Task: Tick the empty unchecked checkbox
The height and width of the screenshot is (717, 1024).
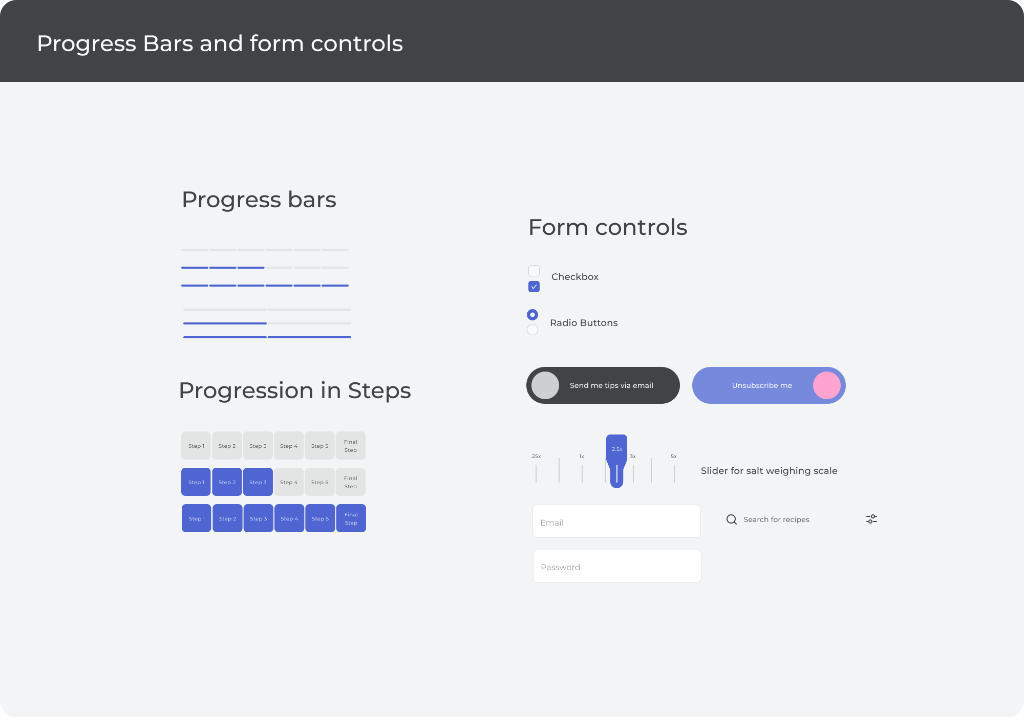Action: (x=534, y=271)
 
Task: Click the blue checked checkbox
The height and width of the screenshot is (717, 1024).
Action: (x=534, y=287)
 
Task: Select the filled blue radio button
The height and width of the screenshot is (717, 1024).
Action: (x=532, y=314)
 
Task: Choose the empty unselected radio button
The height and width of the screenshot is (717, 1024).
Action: (x=532, y=330)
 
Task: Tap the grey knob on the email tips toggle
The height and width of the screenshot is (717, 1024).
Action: (x=545, y=385)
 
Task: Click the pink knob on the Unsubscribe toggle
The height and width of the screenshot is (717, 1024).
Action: (x=827, y=385)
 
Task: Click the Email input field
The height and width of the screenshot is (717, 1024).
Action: (x=616, y=522)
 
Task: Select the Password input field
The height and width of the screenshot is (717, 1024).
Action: (x=617, y=566)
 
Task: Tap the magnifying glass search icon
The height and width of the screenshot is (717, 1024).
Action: (x=732, y=519)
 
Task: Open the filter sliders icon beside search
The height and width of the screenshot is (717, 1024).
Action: (x=871, y=519)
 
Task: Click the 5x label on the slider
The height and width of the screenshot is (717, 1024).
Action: (x=674, y=457)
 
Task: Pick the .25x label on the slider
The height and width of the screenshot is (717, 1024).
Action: (x=536, y=457)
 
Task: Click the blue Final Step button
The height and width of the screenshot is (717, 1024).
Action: (x=351, y=518)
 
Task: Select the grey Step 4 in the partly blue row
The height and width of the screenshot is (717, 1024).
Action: (x=289, y=482)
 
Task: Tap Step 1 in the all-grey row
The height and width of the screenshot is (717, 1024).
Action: (x=196, y=446)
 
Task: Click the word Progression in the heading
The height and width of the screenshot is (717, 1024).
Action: (x=246, y=391)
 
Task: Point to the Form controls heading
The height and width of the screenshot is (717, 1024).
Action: (x=608, y=227)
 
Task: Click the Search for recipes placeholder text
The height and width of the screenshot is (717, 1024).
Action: (x=776, y=519)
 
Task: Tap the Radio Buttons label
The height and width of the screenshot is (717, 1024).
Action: (x=584, y=323)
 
